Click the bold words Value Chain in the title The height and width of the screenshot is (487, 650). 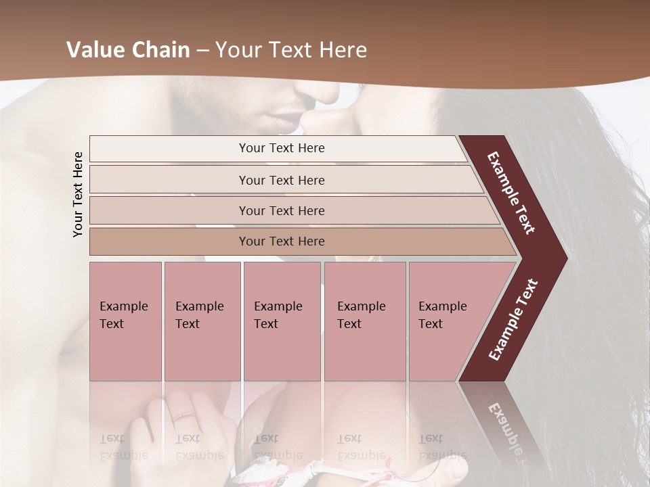(x=128, y=50)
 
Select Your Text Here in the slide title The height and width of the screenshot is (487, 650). (x=291, y=50)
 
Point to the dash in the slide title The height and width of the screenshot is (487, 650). (x=202, y=51)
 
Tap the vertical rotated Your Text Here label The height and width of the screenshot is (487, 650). (x=78, y=194)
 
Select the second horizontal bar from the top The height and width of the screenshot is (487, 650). (x=281, y=180)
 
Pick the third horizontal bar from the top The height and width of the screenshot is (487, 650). (x=281, y=210)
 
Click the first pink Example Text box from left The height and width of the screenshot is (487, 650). (x=125, y=321)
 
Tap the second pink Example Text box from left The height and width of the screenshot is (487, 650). (x=202, y=321)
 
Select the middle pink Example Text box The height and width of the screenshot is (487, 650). (x=282, y=321)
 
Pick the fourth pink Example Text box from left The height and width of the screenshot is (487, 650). (x=365, y=321)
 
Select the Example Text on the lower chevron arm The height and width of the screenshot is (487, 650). (x=513, y=320)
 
